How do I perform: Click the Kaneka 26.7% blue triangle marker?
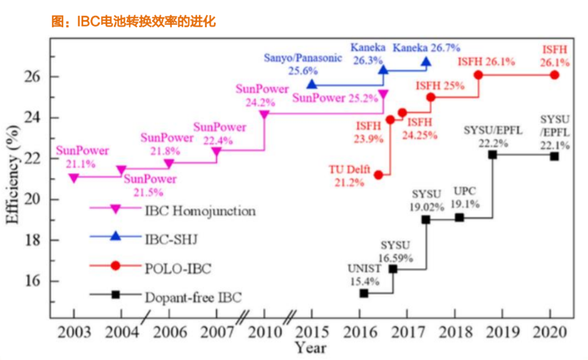[426, 61]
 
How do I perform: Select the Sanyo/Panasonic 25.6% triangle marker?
[311, 84]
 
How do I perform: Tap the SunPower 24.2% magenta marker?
[264, 114]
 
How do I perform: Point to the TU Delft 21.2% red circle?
[378, 175]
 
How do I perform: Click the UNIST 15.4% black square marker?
[364, 293]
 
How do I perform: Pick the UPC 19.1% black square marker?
[460, 217]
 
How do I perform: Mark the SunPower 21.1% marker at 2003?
[73, 178]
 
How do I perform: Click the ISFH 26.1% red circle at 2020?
[554, 75]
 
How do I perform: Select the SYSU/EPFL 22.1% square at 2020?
[554, 157]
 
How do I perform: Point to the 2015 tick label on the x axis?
[312, 332]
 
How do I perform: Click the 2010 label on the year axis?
[264, 332]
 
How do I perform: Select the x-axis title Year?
[311, 347]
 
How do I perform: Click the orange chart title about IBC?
[134, 22]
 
